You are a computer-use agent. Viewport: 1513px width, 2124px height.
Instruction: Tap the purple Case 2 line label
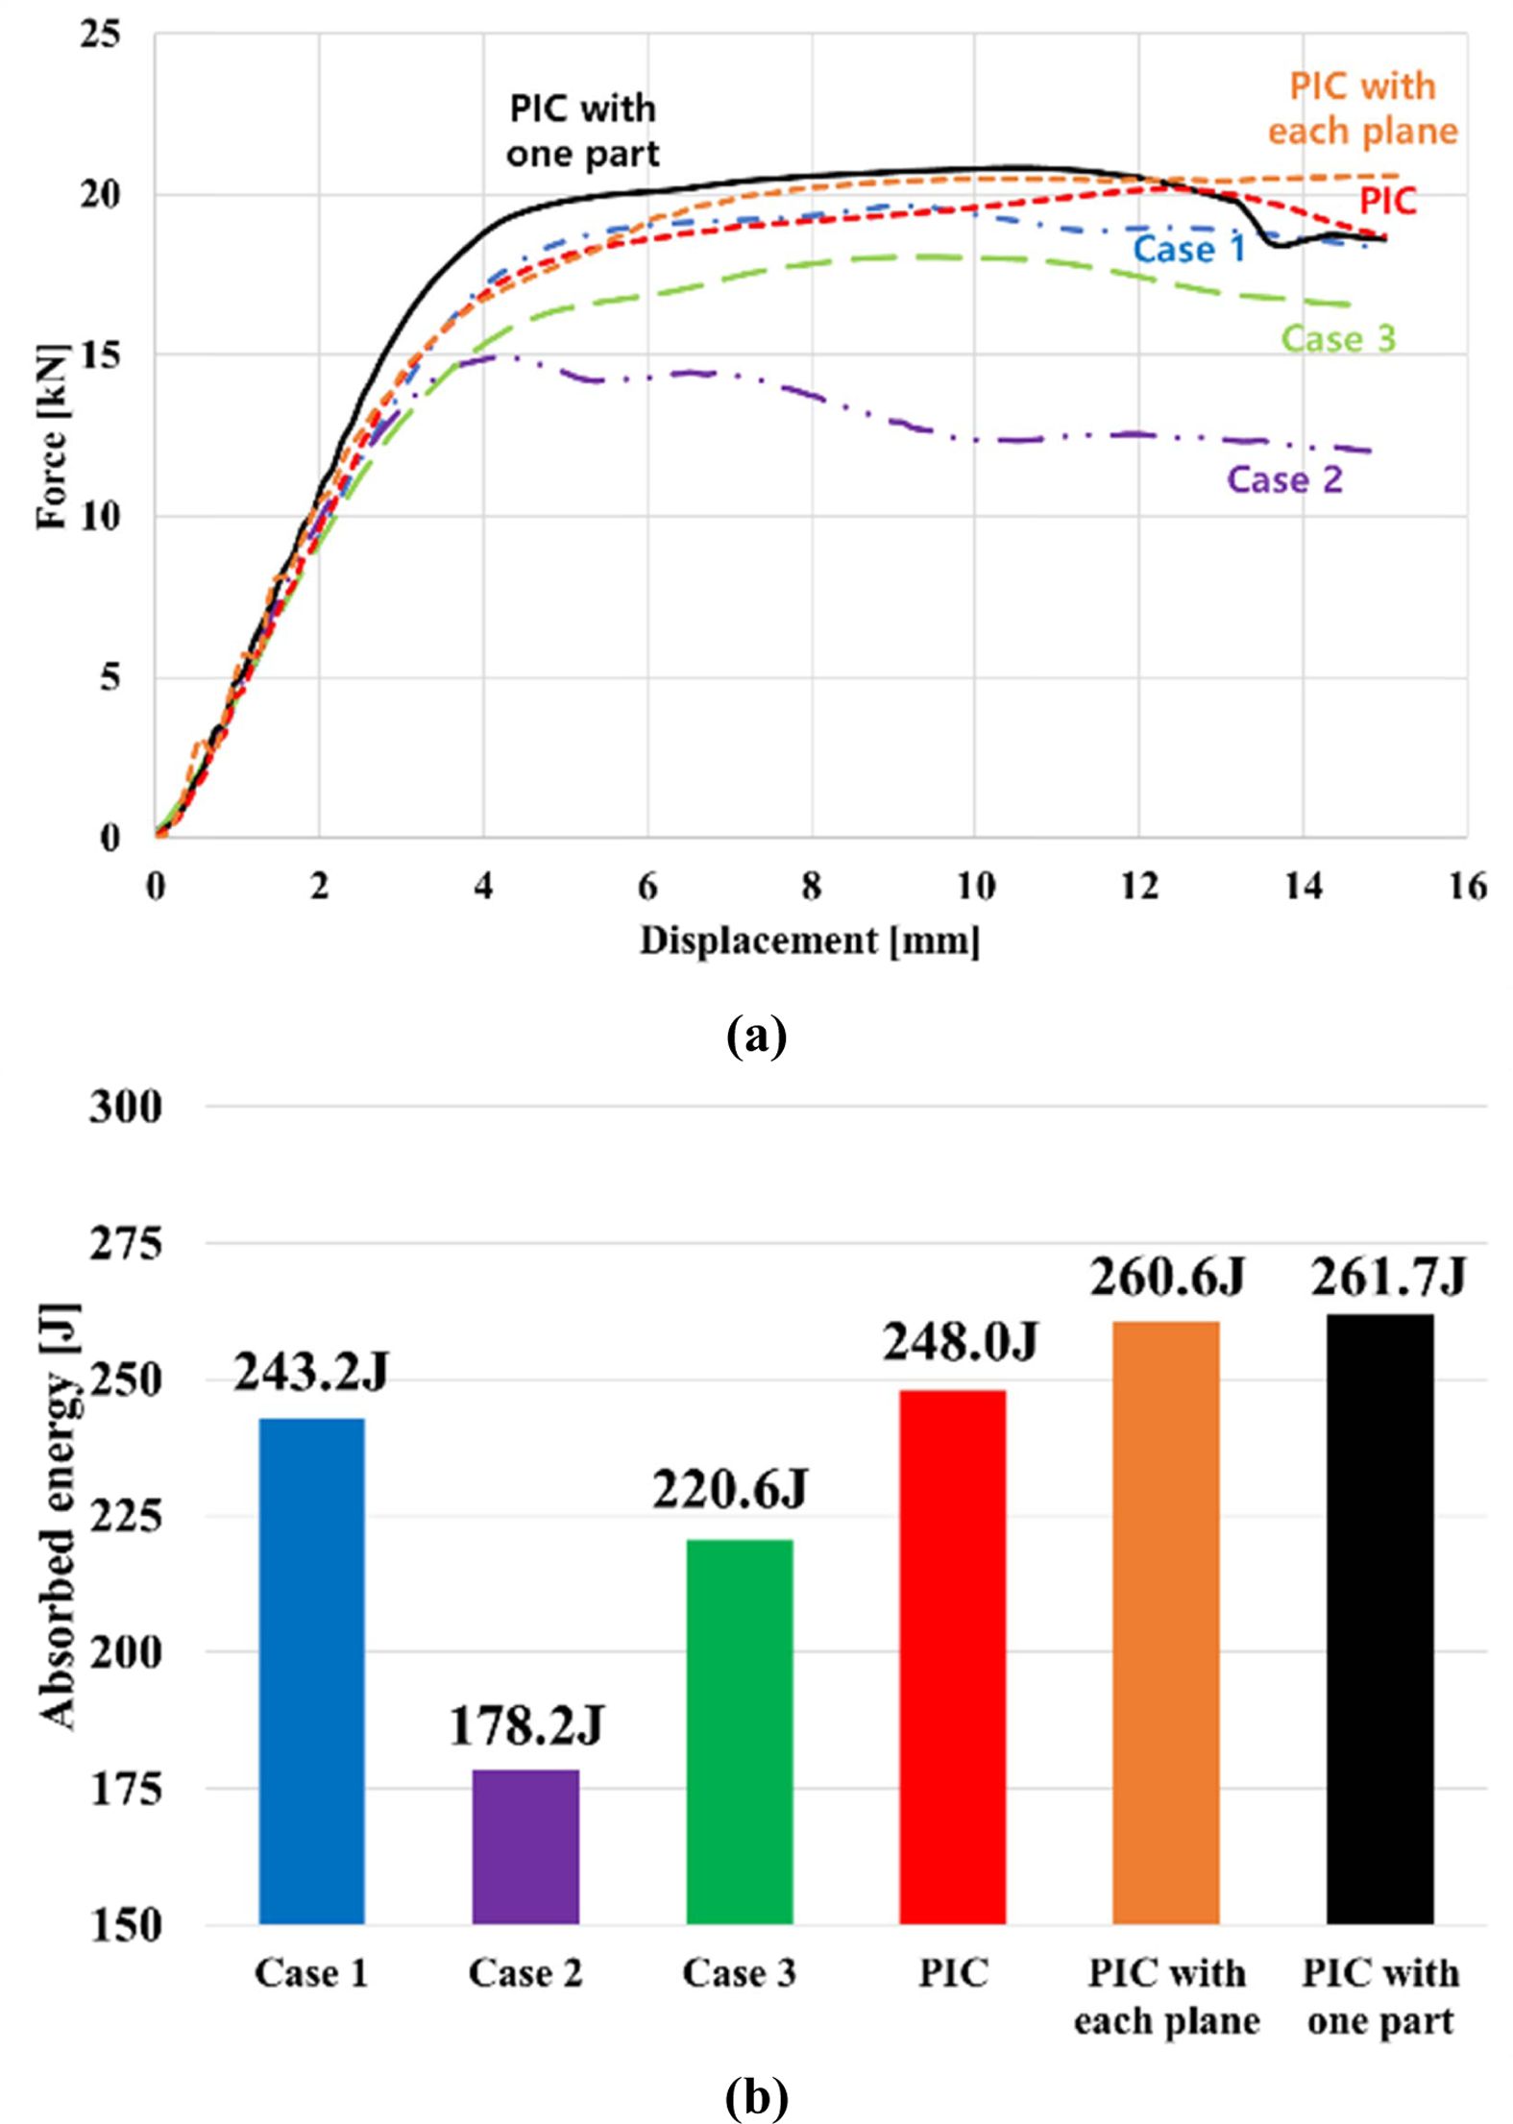pyautogui.click(x=1284, y=479)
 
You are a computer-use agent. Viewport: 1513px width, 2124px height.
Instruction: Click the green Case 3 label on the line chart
pyautogui.click(x=1338, y=338)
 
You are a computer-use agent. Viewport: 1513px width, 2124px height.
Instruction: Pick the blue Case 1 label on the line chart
pyautogui.click(x=1189, y=249)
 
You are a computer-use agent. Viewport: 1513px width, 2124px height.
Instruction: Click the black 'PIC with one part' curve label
pyautogui.click(x=583, y=131)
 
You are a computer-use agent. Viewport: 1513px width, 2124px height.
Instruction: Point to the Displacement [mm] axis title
pyautogui.click(x=810, y=940)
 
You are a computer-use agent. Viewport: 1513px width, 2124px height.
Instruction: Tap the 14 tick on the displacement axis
pyautogui.click(x=1304, y=886)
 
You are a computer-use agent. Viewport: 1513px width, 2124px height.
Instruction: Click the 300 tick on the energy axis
pyautogui.click(x=126, y=1107)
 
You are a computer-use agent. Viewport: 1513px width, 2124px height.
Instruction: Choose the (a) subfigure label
pyautogui.click(x=756, y=1037)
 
